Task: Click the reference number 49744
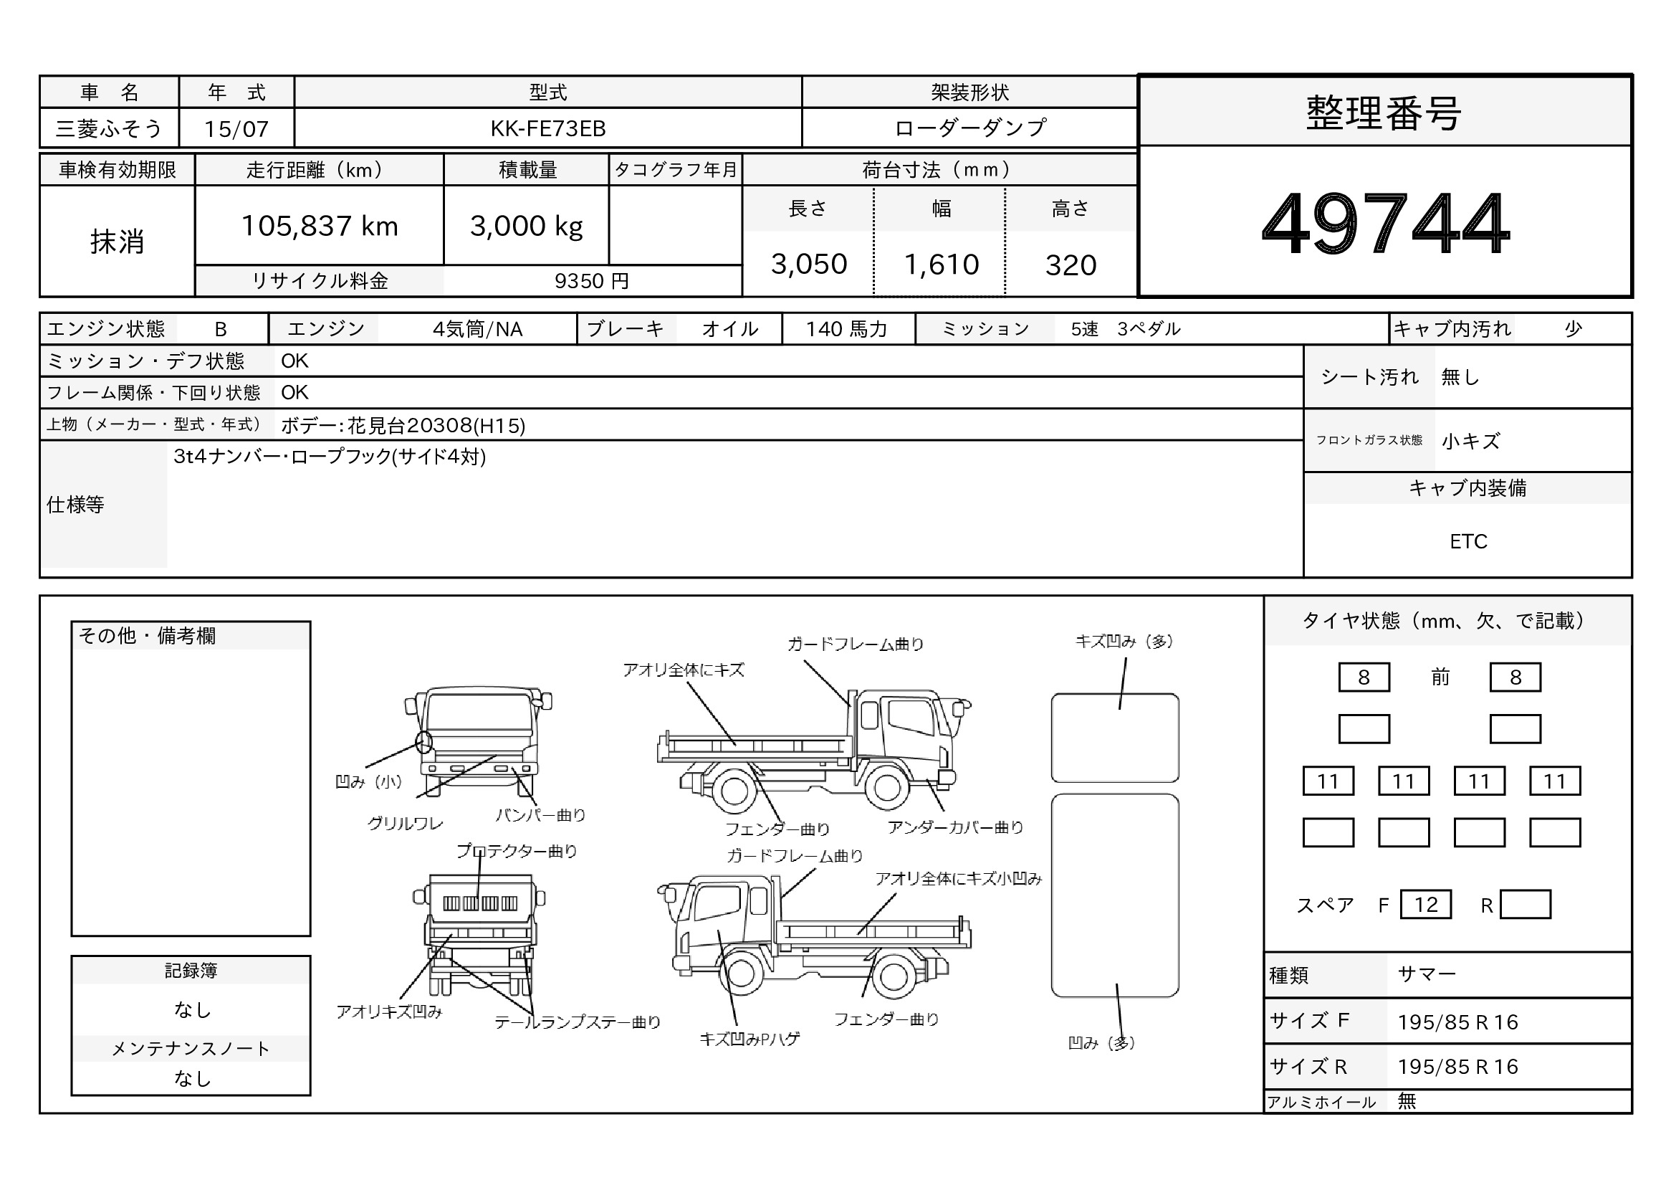[x=1385, y=223]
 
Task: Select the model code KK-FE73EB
[x=547, y=128]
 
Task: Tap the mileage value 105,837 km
[x=320, y=226]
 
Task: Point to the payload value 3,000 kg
[x=527, y=227]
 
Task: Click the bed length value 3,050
[x=809, y=264]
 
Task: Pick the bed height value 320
[x=1070, y=265]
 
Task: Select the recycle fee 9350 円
[x=591, y=281]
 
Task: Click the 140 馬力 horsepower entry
[x=846, y=329]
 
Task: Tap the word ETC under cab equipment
[x=1468, y=541]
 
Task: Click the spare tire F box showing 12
[x=1426, y=905]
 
